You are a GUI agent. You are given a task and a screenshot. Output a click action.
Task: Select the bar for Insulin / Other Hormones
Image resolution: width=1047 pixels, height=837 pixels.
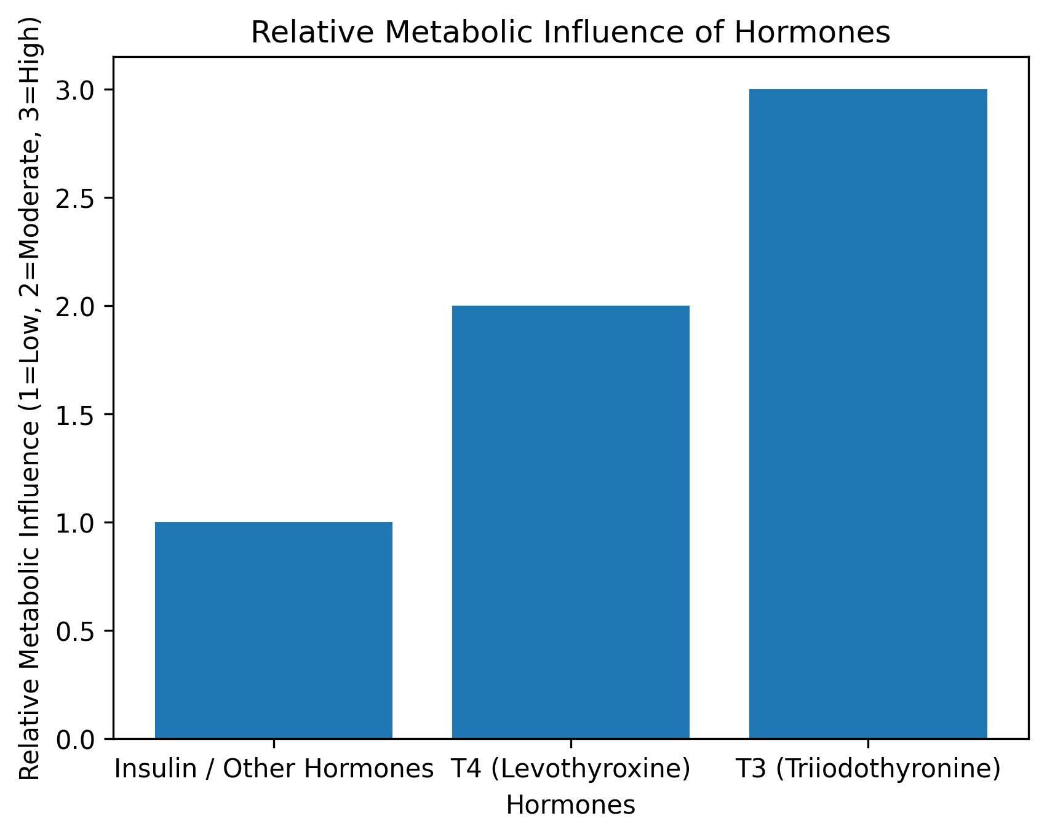[273, 630]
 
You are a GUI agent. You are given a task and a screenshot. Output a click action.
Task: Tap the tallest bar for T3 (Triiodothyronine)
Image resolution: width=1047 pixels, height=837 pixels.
[867, 413]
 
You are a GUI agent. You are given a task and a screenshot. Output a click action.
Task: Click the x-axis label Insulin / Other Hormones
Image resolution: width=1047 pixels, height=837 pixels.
[274, 769]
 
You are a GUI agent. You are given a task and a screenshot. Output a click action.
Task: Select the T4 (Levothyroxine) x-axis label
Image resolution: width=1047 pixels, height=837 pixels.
[570, 769]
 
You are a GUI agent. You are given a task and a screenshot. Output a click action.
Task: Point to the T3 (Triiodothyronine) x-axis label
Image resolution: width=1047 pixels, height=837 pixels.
[867, 769]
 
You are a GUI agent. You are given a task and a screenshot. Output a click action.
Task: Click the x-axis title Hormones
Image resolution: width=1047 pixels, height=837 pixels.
[570, 805]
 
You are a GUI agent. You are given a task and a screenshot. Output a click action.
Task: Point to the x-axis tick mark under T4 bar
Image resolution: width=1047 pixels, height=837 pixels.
[571, 743]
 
